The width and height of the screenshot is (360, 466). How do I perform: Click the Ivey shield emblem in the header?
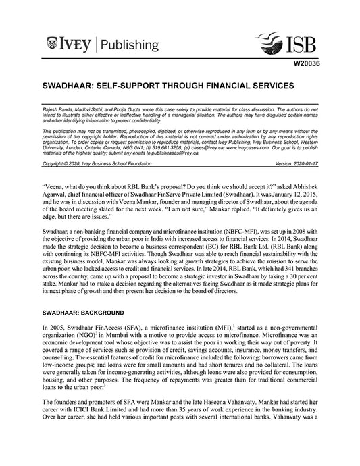(52, 45)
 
